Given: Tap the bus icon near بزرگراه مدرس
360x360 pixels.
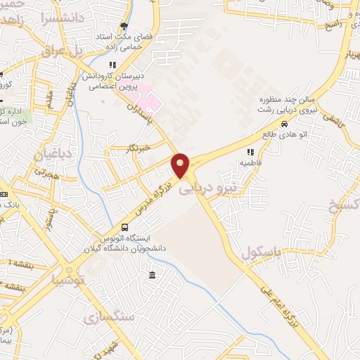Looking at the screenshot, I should point(124,227).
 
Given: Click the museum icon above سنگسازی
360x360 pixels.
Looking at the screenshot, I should point(153,274).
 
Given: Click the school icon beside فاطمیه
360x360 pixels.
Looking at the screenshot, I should point(250,151).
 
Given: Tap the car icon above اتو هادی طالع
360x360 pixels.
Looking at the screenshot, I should point(284,124).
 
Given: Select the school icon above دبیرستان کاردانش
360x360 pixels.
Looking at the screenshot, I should point(112,65).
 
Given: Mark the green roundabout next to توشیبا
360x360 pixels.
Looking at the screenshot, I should point(69,269).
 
